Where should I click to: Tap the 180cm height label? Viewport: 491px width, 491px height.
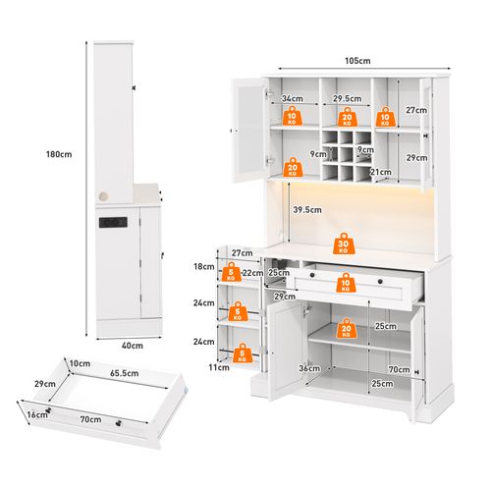[x=59, y=154]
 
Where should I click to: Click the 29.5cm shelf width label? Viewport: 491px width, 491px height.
[x=343, y=98]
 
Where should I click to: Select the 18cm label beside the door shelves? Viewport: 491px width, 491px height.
[x=204, y=267]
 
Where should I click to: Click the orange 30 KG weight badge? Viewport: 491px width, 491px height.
[x=343, y=245]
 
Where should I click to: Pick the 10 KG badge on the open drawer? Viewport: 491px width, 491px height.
[x=344, y=285]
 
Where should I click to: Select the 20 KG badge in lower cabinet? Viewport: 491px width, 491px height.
[x=346, y=330]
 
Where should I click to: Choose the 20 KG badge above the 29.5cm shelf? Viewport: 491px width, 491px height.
[x=347, y=115]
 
